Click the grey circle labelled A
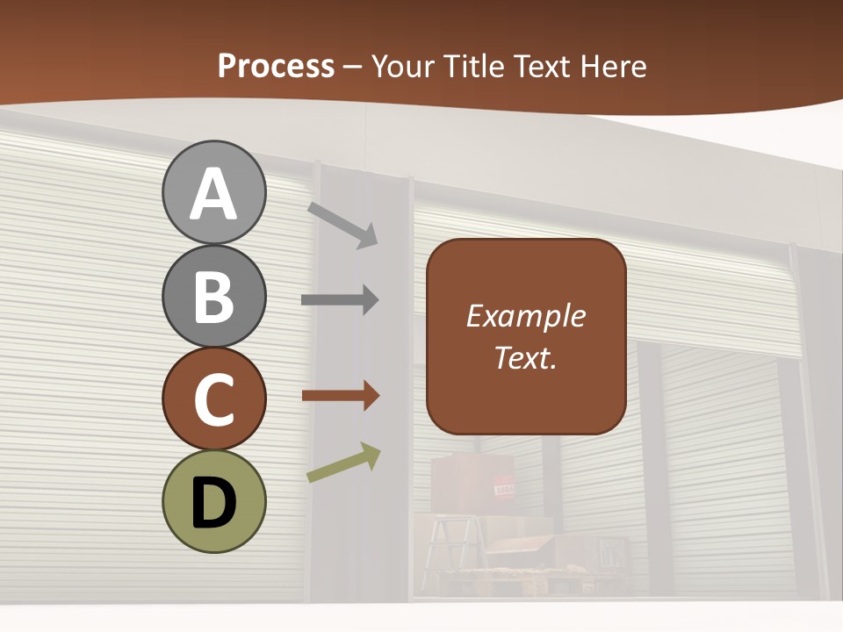[213, 193]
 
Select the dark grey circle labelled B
[213, 296]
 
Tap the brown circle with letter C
[213, 399]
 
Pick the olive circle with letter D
[213, 501]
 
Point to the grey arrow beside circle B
[340, 300]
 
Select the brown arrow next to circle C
[340, 396]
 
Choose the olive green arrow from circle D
[343, 463]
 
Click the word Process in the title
[276, 66]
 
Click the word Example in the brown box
[525, 316]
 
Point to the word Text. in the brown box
[525, 357]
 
